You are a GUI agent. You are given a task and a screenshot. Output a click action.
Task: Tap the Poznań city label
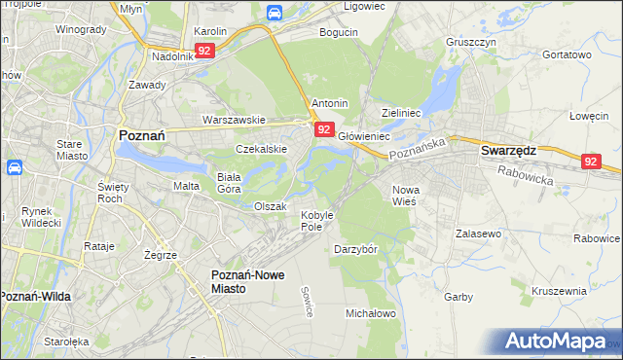tap(145, 136)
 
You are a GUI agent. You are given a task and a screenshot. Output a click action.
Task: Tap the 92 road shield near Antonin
tap(325, 128)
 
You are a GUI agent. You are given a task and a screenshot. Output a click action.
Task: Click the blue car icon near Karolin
tap(275, 13)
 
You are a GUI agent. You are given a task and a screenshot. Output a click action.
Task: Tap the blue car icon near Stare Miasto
tap(15, 167)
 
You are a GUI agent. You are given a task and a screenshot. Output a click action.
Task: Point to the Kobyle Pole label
tap(317, 220)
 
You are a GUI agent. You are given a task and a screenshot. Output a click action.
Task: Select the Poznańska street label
tap(417, 148)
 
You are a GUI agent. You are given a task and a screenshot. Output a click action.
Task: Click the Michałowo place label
tap(371, 313)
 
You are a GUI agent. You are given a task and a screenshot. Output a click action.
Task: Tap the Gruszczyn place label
tap(471, 43)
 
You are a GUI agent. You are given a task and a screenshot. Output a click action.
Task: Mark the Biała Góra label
tap(229, 183)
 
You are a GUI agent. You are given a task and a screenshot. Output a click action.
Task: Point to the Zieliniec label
tap(401, 113)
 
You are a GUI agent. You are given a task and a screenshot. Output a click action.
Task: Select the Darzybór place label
tap(355, 248)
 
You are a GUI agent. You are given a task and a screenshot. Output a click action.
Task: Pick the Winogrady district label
tap(80, 29)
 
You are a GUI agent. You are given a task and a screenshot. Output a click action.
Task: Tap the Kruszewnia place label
tap(560, 290)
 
